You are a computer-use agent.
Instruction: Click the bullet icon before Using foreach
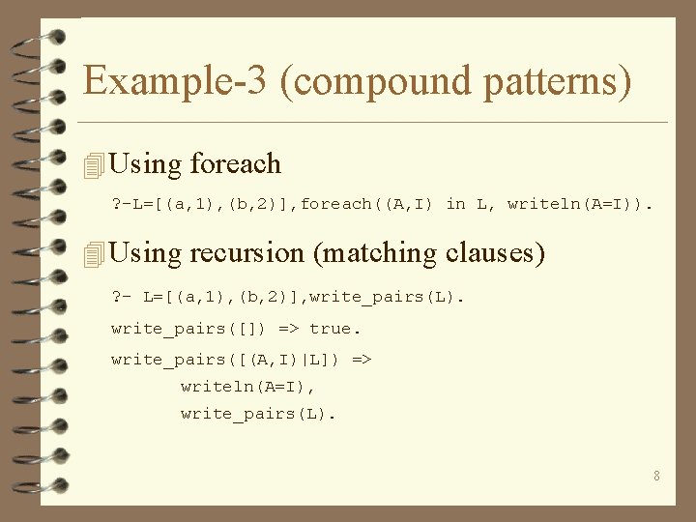94,165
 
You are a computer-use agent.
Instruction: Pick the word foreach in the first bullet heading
236,164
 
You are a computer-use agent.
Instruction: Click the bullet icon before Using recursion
94,254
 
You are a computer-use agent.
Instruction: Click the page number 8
657,476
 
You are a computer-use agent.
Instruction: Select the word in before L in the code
455,204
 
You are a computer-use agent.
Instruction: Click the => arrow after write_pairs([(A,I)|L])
362,360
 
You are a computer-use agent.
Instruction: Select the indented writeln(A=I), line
248,387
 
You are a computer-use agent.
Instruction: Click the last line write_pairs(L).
258,415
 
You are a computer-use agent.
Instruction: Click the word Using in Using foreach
146,164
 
